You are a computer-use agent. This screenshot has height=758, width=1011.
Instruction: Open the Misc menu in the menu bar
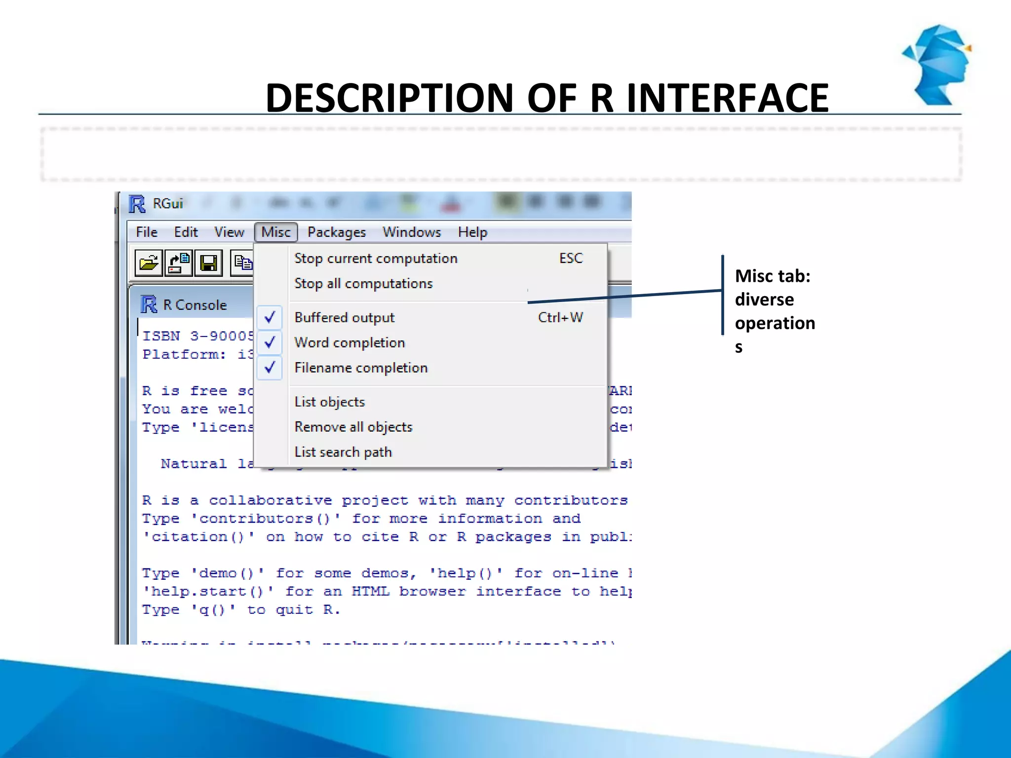(276, 232)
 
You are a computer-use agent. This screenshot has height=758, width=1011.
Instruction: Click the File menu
(147, 232)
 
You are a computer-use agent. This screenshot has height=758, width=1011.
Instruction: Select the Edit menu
(186, 232)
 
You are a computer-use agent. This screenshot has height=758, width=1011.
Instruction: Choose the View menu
(229, 232)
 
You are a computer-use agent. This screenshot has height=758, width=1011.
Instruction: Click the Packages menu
(337, 232)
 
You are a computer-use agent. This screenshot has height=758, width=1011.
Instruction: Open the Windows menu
(412, 232)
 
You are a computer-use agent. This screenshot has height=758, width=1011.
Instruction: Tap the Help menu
(472, 232)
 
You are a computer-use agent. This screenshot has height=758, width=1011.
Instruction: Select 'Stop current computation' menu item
(376, 259)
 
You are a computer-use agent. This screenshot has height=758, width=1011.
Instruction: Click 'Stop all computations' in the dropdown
(363, 284)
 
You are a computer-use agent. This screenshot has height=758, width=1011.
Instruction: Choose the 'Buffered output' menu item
(345, 317)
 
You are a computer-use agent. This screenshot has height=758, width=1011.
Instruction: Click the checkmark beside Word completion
(270, 342)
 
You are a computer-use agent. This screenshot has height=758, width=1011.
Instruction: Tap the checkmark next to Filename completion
(270, 368)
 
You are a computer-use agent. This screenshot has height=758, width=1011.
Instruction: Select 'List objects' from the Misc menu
(330, 402)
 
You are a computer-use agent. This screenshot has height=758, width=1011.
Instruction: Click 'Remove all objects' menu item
(353, 427)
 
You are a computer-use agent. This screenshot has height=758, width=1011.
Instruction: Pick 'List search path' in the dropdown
(343, 452)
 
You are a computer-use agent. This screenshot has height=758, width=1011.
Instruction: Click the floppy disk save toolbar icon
(208, 263)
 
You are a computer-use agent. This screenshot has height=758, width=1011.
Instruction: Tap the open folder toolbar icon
(149, 263)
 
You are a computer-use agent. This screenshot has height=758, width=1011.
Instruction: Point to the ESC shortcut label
(571, 259)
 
